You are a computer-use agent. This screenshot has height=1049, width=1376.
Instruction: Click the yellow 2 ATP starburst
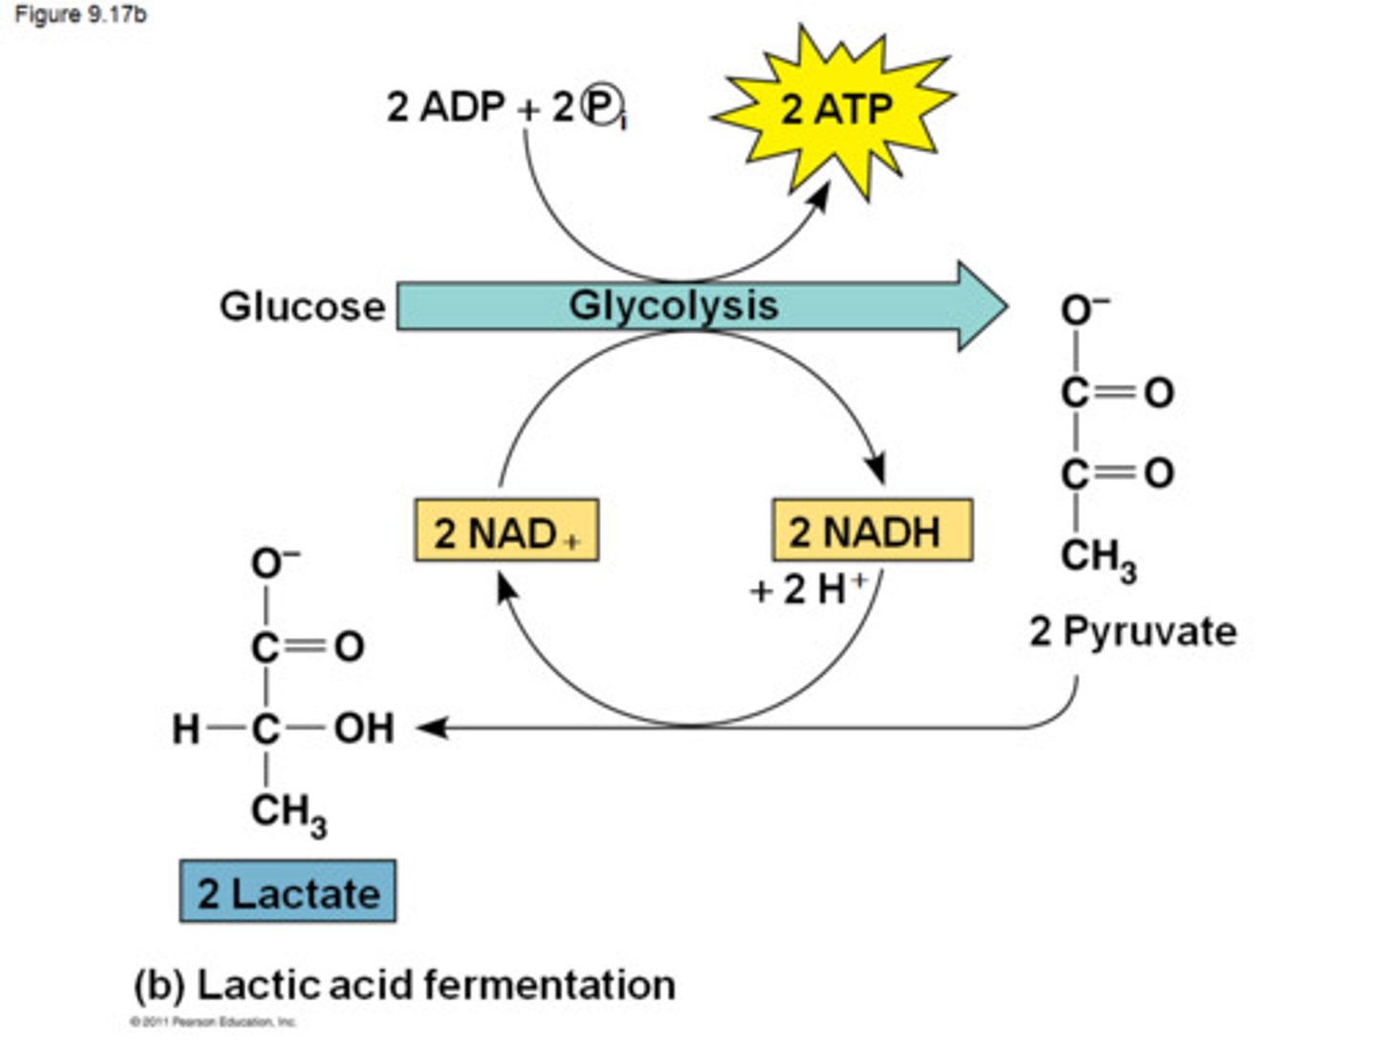[x=835, y=109]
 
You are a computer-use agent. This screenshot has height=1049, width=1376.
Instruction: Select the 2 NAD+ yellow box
[x=506, y=531]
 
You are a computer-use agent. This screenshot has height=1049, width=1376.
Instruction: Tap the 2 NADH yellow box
[x=871, y=531]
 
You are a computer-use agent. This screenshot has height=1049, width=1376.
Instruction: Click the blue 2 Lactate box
[x=288, y=892]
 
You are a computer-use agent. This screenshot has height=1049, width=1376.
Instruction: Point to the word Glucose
[x=302, y=307]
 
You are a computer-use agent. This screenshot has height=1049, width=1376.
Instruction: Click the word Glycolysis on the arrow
[x=674, y=306]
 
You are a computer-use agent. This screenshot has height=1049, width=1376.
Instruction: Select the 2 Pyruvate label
[x=1132, y=632]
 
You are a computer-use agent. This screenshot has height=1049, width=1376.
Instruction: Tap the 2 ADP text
[x=445, y=106]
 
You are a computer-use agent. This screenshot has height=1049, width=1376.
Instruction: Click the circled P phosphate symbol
[x=602, y=107]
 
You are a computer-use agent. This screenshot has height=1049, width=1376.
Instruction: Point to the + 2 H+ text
[x=808, y=590]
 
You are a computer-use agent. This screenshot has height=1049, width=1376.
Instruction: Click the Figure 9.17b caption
[x=80, y=15]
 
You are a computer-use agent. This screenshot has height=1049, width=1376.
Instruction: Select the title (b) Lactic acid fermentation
[x=404, y=985]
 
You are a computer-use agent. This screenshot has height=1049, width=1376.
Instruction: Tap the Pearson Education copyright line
[x=213, y=1022]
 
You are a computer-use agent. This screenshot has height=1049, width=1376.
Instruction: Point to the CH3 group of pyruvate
[x=1098, y=557]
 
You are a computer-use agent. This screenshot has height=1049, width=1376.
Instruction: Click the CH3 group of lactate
[x=288, y=814]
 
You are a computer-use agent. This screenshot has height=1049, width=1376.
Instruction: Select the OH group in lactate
[x=364, y=729]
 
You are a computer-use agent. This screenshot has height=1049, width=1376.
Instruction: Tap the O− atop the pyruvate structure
[x=1084, y=310]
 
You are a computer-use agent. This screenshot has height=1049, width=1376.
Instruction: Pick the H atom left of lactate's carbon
[x=185, y=730]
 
